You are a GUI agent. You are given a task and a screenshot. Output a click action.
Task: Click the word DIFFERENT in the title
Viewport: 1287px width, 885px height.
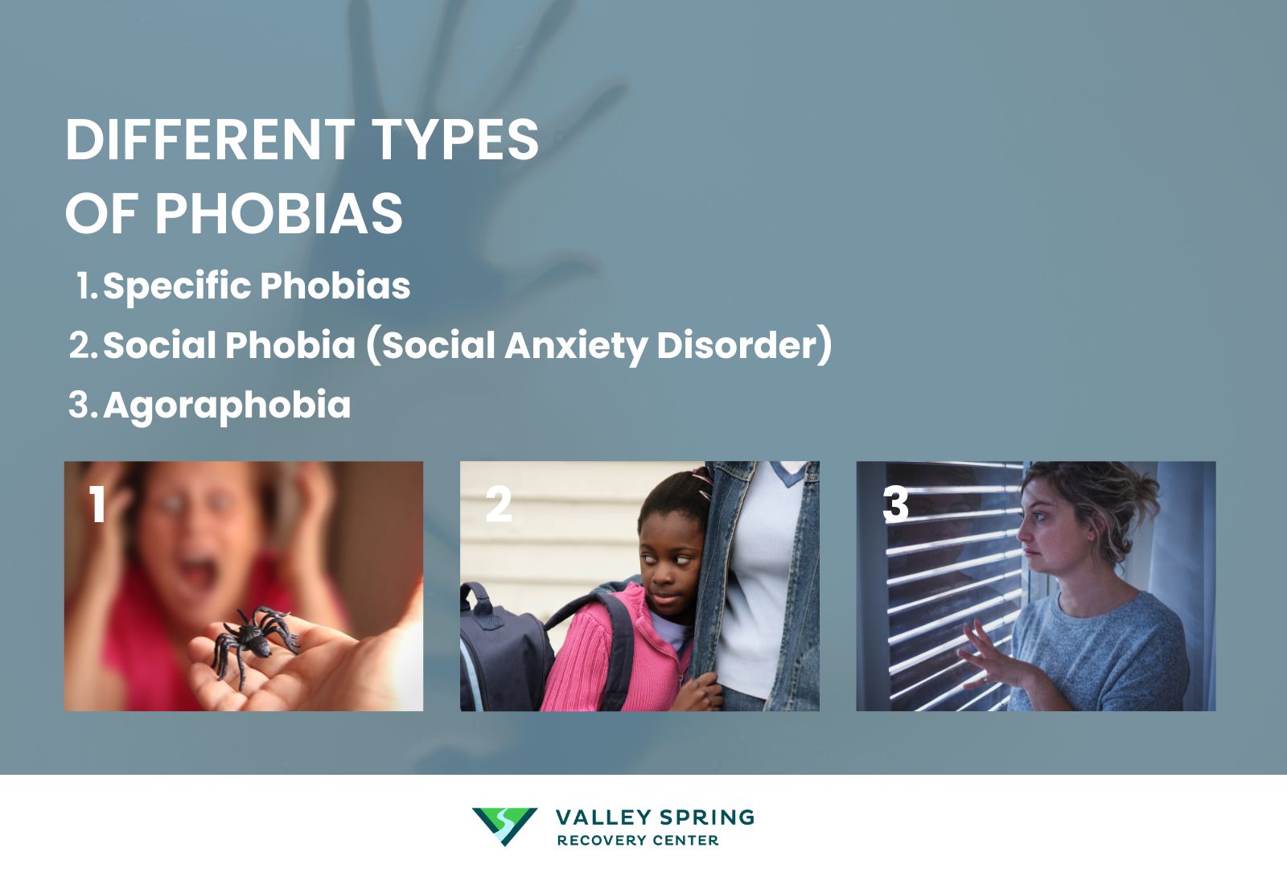[x=209, y=140]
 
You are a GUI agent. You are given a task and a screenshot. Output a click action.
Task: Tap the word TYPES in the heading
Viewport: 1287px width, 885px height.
[x=455, y=140]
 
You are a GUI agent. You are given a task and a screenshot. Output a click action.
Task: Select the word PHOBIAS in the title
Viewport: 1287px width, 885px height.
[x=278, y=214]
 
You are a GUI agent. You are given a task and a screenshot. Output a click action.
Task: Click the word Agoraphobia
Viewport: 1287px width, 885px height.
[x=227, y=405]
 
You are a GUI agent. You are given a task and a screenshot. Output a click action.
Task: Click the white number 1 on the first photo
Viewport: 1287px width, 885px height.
[x=98, y=505]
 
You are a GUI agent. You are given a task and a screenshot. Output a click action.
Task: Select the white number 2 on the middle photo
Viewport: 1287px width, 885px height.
[x=499, y=505]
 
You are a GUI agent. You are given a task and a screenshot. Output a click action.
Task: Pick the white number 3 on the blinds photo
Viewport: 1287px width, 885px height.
[x=895, y=505]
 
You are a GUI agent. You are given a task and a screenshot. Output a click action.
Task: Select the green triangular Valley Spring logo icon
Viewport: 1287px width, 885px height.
[x=504, y=825]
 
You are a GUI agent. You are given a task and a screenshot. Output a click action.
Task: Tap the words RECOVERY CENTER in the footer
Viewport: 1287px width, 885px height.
[x=637, y=841]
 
